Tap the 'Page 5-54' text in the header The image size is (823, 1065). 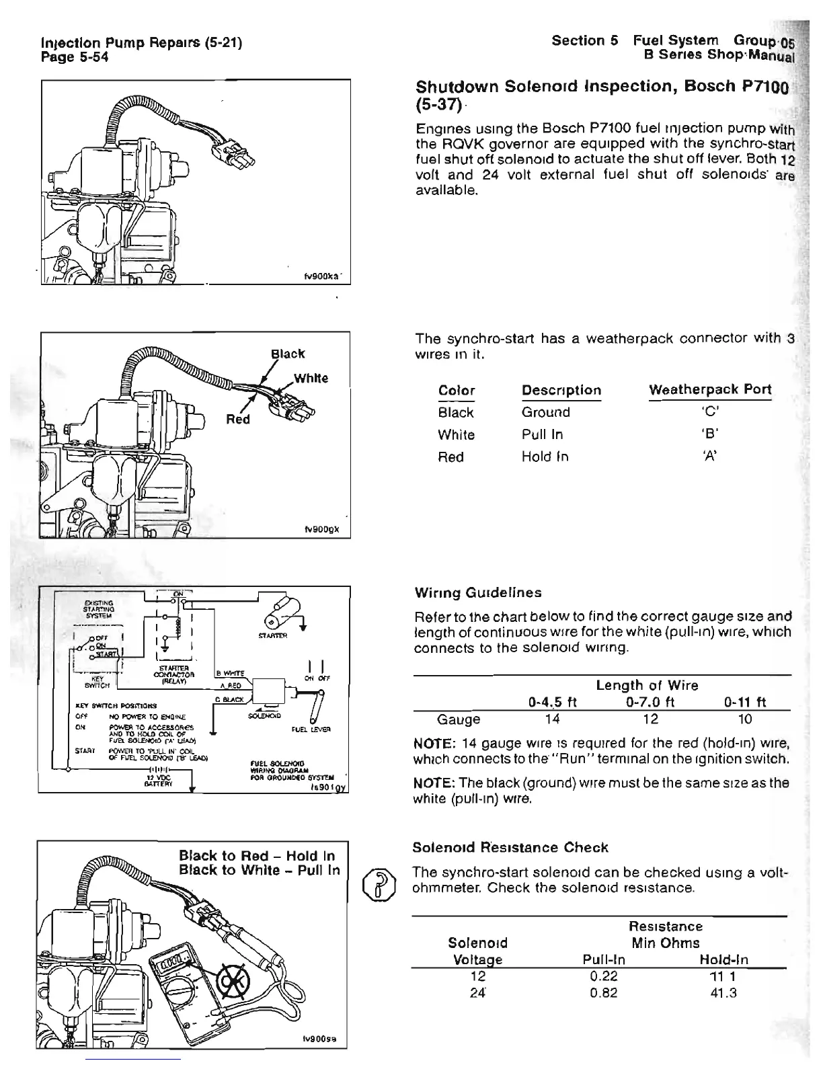(75, 57)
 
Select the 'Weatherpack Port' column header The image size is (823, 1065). (709, 390)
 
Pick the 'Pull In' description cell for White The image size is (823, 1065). (542, 435)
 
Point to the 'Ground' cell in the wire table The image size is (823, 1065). (545, 412)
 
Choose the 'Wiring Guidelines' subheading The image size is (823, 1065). (479, 592)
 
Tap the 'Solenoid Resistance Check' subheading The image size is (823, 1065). (510, 847)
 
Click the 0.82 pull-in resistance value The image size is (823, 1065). (602, 992)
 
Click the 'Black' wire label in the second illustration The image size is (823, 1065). (287, 354)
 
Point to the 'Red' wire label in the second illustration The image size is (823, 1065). (237, 420)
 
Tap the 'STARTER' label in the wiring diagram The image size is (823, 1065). (272, 635)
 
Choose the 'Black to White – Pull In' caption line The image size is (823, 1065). (259, 870)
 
